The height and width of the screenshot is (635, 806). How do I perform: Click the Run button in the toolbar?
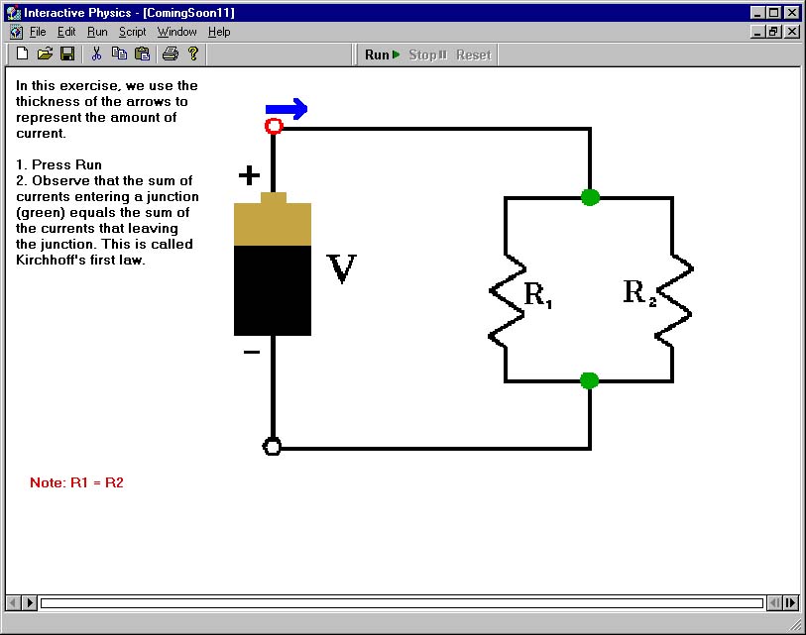pyautogui.click(x=382, y=54)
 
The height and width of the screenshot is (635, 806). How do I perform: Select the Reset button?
pyautogui.click(x=474, y=54)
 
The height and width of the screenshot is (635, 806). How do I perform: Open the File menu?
pyautogui.click(x=38, y=32)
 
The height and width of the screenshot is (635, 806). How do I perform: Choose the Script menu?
pyautogui.click(x=133, y=32)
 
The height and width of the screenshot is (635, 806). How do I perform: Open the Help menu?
pyautogui.click(x=219, y=32)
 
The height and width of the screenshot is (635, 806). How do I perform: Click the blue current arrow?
pyautogui.click(x=287, y=109)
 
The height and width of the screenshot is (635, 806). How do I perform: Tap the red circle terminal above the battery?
pyautogui.click(x=274, y=126)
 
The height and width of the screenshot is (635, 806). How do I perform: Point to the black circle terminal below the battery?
pyautogui.click(x=272, y=447)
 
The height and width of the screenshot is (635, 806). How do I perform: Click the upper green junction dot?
pyautogui.click(x=590, y=197)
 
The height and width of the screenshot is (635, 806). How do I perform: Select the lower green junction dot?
pyautogui.click(x=590, y=380)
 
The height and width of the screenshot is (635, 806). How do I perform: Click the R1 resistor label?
pyautogui.click(x=537, y=295)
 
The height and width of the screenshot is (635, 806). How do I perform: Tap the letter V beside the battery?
pyautogui.click(x=341, y=268)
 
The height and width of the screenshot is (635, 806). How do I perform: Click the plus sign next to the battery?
pyautogui.click(x=249, y=175)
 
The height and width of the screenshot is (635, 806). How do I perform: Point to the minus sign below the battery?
pyautogui.click(x=252, y=352)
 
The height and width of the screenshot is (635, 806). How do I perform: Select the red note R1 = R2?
pyautogui.click(x=76, y=482)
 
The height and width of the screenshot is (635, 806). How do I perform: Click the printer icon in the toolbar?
pyautogui.click(x=171, y=53)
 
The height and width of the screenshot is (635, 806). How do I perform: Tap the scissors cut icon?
pyautogui.click(x=96, y=53)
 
